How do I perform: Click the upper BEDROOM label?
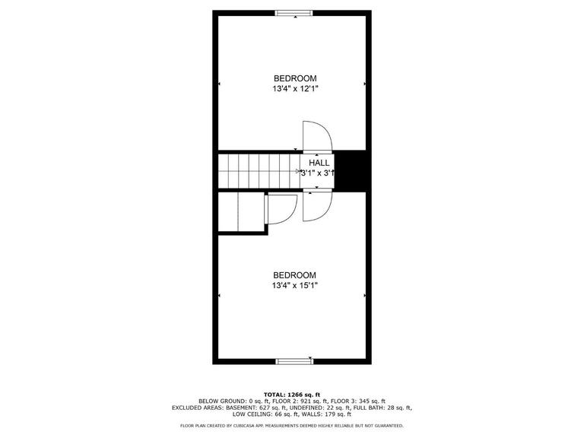coord(295,78)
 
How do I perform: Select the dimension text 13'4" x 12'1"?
coord(295,89)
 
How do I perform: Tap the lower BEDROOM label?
coord(295,275)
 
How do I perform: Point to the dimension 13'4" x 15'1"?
coord(295,286)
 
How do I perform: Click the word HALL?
coord(319,163)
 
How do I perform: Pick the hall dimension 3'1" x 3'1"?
coord(318,173)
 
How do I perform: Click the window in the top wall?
coord(293,12)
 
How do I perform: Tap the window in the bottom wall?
coord(294,360)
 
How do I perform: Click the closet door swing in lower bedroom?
coord(281,209)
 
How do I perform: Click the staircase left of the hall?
coord(259,170)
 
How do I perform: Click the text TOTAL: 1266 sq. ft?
coord(292,395)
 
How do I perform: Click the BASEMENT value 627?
coord(258,408)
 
